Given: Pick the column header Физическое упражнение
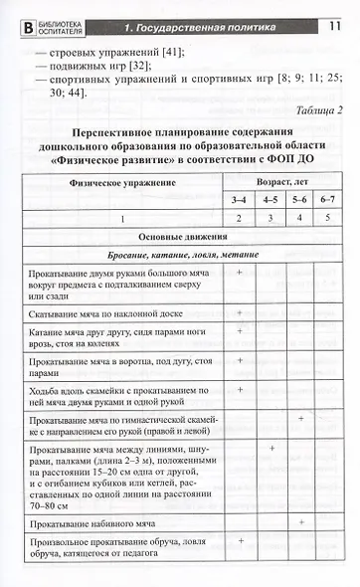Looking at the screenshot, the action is tap(123, 183).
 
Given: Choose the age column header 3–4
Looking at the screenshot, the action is tap(239, 200).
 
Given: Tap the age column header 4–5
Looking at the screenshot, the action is tap(270, 200).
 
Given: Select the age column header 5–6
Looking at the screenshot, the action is tap(300, 200).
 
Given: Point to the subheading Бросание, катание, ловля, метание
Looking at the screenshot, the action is tap(184, 257).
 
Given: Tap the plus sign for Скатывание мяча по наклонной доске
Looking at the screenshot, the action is tap(240, 310).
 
